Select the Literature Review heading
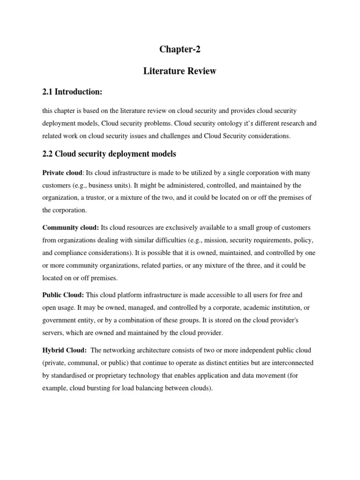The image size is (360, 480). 180,71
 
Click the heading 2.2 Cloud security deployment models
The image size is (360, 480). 109,154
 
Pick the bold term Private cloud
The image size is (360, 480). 62,173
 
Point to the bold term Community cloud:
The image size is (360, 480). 70,227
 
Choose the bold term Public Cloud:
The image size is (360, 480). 63,295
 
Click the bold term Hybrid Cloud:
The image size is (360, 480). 64,350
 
